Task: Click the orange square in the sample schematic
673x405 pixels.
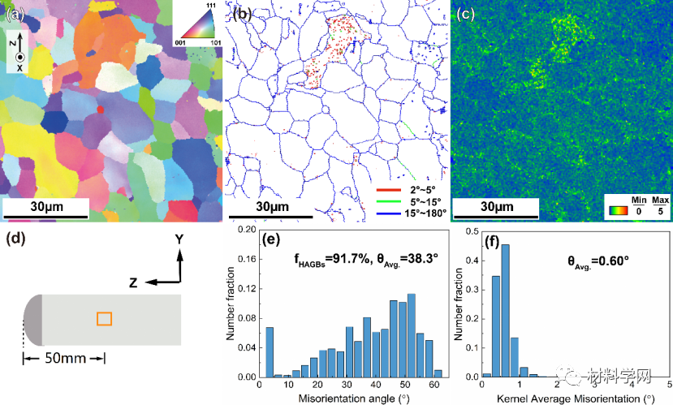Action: click(x=104, y=319)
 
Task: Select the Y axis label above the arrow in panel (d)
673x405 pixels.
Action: click(x=180, y=240)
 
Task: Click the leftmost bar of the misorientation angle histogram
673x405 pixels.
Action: click(x=270, y=352)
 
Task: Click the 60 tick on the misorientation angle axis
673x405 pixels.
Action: click(x=437, y=384)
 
